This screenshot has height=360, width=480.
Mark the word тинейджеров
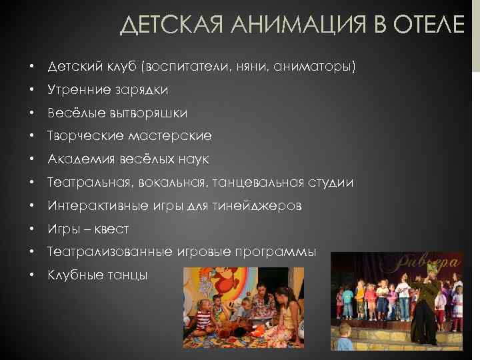click(x=262, y=205)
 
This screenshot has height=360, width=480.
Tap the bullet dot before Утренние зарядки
click(x=31, y=90)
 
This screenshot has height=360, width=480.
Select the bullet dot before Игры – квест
click(x=31, y=229)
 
